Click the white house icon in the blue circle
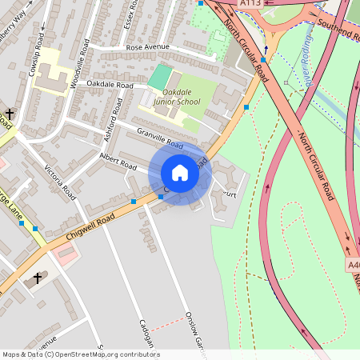point(180,173)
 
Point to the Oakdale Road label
point(110,84)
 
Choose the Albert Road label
point(118,161)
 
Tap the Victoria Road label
point(61,183)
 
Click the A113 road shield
point(250,3)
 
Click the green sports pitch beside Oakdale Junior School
point(159,77)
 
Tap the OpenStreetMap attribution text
point(80,354)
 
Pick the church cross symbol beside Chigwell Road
point(38,278)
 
